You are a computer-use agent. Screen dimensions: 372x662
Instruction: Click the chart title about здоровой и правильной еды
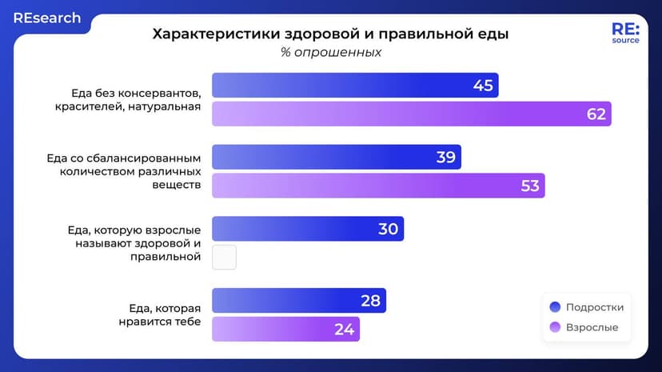[x=330, y=34]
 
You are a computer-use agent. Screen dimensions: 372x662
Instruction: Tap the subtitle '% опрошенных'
[x=330, y=53]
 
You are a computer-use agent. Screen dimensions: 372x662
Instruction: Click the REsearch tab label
[x=46, y=18]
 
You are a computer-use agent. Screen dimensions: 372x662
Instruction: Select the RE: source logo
[x=625, y=32]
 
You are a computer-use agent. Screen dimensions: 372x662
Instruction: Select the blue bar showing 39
[x=336, y=157]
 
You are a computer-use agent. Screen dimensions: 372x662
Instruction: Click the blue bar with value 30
[x=307, y=229]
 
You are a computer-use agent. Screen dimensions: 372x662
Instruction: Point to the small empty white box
[x=224, y=257]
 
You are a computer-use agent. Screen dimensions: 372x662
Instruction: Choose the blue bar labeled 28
[x=298, y=301]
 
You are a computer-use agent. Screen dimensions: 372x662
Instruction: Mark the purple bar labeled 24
[x=285, y=329]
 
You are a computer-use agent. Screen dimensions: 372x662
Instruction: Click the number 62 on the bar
[x=596, y=114]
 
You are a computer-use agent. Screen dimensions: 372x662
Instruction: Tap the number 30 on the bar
[x=388, y=229]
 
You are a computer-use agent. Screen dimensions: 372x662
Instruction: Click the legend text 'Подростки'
[x=594, y=307]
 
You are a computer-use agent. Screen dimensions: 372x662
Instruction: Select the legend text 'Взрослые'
[x=592, y=328]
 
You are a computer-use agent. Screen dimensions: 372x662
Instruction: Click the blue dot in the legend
[x=555, y=307]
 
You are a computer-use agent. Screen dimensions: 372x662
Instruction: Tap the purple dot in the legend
[x=555, y=328]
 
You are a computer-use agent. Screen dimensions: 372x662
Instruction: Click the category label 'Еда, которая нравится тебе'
[x=164, y=314]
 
